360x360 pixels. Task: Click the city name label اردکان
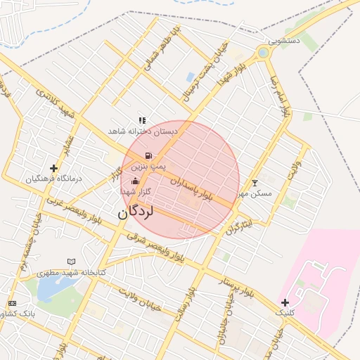click(146, 210)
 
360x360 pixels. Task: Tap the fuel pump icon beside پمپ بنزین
click(148, 155)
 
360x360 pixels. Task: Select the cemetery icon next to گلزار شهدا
click(135, 182)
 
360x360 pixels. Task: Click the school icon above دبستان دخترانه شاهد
click(143, 120)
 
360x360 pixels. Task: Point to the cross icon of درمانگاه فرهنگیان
click(54, 168)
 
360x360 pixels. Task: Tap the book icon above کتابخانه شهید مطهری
click(70, 262)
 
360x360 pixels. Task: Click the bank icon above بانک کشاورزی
click(12, 303)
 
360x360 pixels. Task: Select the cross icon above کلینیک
click(285, 302)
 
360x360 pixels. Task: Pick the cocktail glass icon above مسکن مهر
click(255, 183)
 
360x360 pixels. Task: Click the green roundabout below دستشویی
click(263, 52)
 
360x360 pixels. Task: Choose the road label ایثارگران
click(238, 224)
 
